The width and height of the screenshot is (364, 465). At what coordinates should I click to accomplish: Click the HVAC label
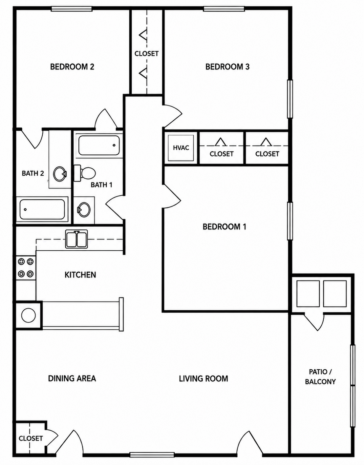click(181, 148)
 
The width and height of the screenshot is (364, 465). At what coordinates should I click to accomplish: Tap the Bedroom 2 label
click(72, 67)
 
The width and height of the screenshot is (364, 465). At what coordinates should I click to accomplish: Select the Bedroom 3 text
click(227, 67)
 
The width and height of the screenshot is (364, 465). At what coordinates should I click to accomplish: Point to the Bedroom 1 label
click(225, 227)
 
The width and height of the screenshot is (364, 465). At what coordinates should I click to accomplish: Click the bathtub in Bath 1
click(99, 145)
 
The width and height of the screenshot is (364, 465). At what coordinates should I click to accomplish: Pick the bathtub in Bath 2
click(42, 209)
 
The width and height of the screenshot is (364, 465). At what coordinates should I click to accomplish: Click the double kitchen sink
click(76, 239)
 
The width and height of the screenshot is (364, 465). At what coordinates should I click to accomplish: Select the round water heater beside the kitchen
click(29, 315)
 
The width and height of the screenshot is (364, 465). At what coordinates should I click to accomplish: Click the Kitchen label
click(80, 275)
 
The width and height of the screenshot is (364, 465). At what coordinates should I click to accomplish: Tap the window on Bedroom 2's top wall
click(72, 9)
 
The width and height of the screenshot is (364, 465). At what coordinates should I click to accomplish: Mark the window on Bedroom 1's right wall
click(290, 221)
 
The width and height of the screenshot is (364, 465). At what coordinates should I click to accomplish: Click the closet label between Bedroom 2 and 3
click(146, 53)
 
